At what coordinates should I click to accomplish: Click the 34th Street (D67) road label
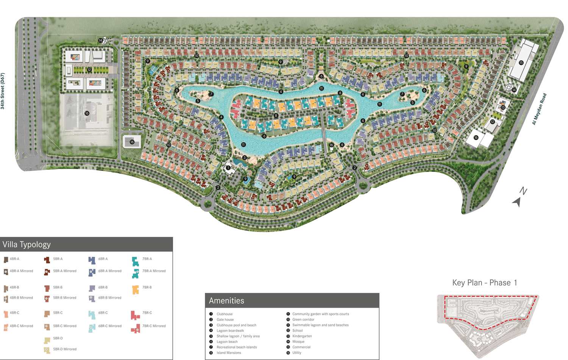click(3, 91)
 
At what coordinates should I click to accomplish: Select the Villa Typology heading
click(27, 244)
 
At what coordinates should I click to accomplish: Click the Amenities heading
click(226, 301)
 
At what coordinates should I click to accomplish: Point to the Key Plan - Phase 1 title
click(484, 283)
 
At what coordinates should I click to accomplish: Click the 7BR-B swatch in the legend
click(135, 290)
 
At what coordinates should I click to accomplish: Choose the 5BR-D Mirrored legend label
click(65, 349)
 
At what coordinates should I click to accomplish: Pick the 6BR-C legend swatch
click(92, 315)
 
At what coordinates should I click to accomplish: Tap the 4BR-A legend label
click(14, 259)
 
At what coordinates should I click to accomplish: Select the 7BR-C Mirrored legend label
click(154, 326)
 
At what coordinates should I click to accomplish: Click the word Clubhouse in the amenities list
click(225, 314)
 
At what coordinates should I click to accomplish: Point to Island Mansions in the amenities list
click(229, 353)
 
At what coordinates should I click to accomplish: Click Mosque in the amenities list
click(298, 341)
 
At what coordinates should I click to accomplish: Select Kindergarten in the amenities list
click(302, 336)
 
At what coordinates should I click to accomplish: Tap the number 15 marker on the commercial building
click(521, 63)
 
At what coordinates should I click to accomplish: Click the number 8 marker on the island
click(276, 116)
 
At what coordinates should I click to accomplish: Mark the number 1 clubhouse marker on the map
click(228, 167)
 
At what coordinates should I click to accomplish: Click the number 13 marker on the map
click(503, 108)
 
